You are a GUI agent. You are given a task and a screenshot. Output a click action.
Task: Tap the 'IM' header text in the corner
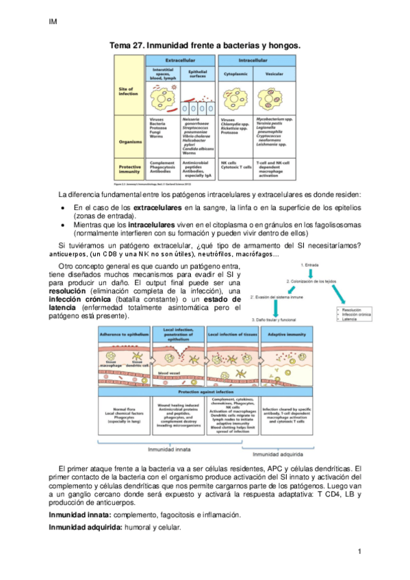[x=53, y=22]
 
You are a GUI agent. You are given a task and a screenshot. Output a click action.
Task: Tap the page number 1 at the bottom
[x=358, y=551]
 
